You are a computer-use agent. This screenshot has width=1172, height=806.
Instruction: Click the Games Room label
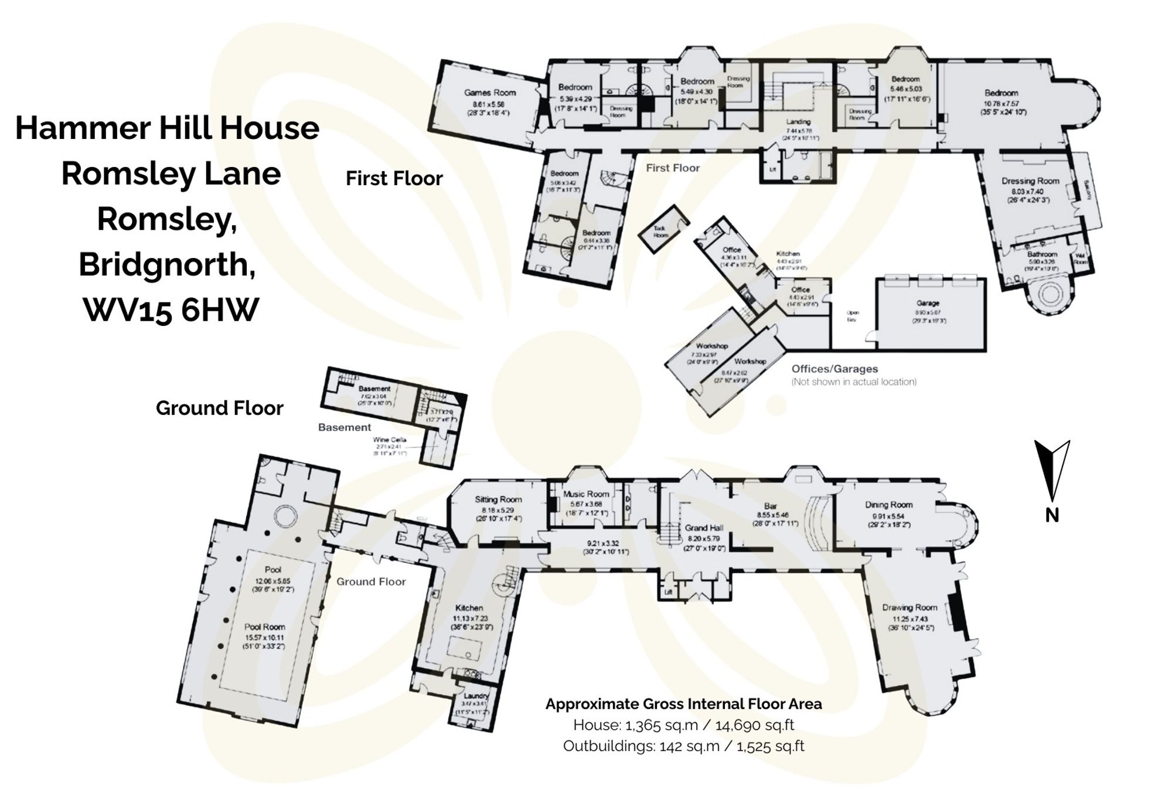[x=490, y=93]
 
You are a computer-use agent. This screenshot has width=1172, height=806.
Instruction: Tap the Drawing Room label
[x=909, y=607]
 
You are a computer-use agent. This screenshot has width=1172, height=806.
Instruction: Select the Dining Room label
[x=888, y=505]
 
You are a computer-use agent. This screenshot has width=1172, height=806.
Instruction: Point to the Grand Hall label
[x=704, y=528]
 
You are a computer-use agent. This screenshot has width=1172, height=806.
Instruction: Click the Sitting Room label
[x=498, y=499]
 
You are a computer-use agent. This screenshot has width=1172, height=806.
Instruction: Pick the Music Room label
[x=586, y=494]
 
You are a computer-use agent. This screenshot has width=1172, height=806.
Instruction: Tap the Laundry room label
[x=475, y=696]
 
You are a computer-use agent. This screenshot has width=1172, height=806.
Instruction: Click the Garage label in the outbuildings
[x=928, y=303]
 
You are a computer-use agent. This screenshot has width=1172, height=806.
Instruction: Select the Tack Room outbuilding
[x=661, y=232]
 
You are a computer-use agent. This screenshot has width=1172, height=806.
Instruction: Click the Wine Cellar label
[x=390, y=440]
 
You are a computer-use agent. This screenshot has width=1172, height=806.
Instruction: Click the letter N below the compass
[x=1052, y=515]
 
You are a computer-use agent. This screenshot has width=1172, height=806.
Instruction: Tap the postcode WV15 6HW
[x=171, y=310]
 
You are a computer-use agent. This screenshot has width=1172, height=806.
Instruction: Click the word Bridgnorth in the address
[x=167, y=264]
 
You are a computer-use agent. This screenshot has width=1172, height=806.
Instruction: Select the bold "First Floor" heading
[x=394, y=178]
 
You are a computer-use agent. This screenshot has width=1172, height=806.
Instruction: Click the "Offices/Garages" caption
[x=834, y=369]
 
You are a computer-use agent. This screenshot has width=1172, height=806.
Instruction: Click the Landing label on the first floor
[x=798, y=122]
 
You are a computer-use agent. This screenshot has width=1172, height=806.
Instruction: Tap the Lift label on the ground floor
[x=668, y=593]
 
